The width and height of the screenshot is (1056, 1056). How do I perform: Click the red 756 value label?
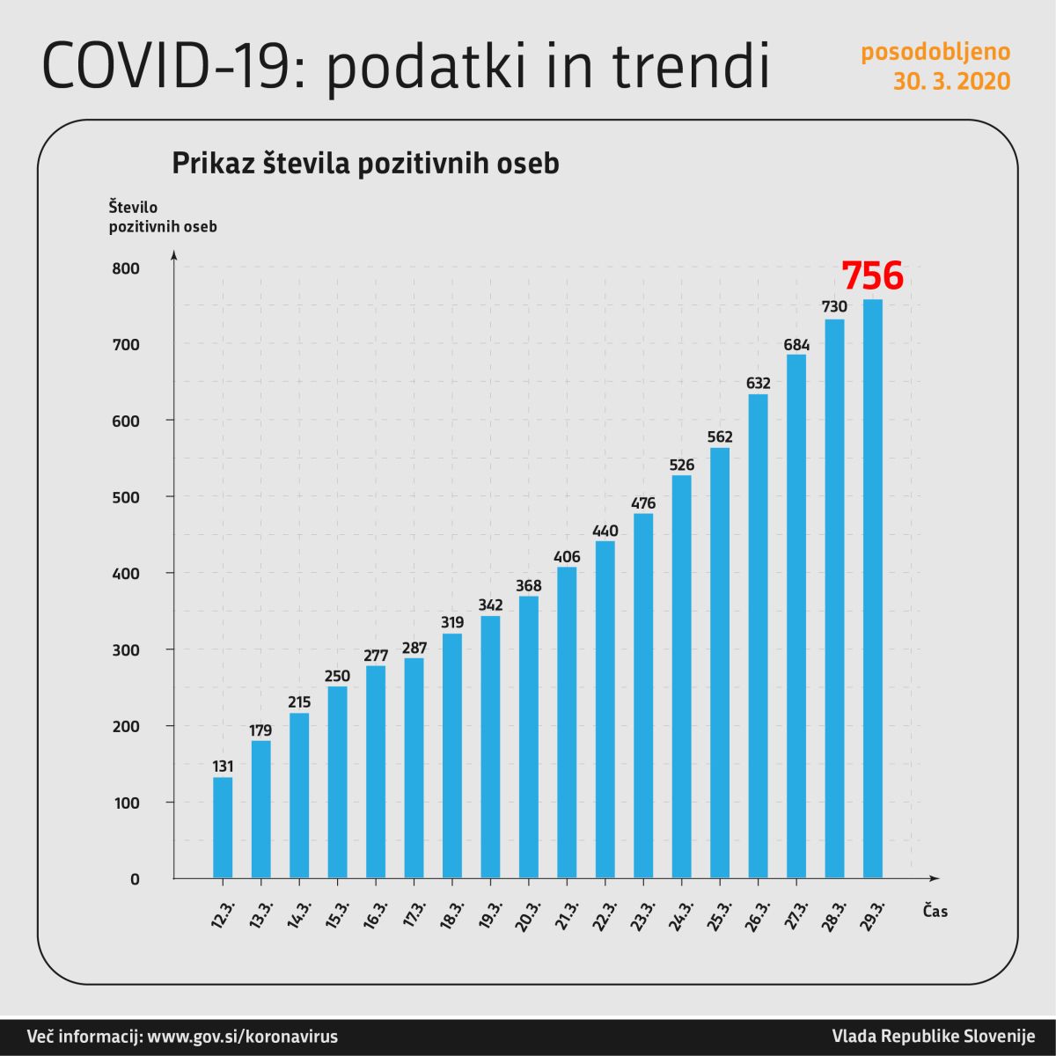pos(872,275)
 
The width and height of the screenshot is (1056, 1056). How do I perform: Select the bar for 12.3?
pos(223,827)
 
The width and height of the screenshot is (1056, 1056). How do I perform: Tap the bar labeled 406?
pos(567,722)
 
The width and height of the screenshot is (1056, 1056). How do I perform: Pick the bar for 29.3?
pos(873,590)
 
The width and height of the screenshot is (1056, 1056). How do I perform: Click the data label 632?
pos(759,384)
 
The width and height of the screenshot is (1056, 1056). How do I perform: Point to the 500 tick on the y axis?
pos(126,497)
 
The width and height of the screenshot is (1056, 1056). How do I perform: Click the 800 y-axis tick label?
pos(126,268)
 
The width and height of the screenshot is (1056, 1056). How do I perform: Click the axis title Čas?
pos(935,912)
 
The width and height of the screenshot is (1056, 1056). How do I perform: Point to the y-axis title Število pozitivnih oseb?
pos(162,216)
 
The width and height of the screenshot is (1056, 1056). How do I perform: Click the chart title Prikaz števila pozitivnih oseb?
pos(365,164)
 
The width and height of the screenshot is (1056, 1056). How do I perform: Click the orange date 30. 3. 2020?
pos(951,82)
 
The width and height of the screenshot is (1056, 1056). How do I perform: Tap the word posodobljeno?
pos(935,52)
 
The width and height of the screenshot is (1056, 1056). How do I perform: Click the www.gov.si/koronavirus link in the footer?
pos(242,1036)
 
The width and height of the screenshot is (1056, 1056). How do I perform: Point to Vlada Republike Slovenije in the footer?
pos(934,1036)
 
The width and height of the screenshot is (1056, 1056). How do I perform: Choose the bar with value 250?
pos(337,781)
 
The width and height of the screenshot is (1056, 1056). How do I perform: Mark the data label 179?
pos(261,730)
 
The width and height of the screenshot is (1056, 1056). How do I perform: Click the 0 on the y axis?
pos(135,879)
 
